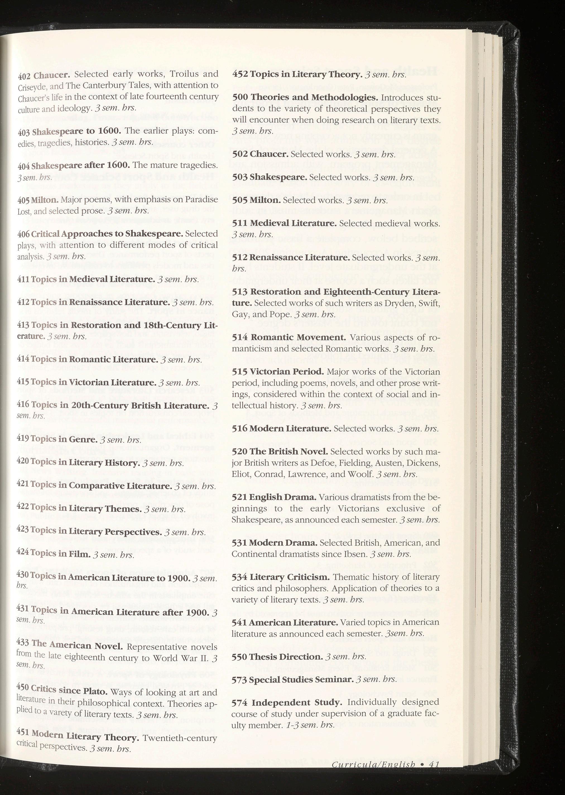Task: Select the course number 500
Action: pyautogui.click(x=240, y=97)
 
